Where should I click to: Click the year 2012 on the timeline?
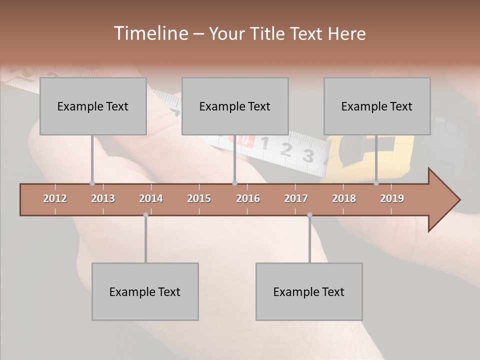pyautogui.click(x=55, y=198)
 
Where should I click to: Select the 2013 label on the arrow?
pyautogui.click(x=103, y=198)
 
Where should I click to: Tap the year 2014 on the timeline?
pyautogui.click(x=151, y=198)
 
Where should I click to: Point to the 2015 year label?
pyautogui.click(x=199, y=198)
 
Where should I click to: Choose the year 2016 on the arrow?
pyautogui.click(x=248, y=198)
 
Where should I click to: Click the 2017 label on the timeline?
pyautogui.click(x=296, y=198)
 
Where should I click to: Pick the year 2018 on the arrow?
pyautogui.click(x=344, y=198)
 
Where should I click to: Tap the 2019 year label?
pyautogui.click(x=392, y=198)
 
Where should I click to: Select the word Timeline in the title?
pyautogui.click(x=150, y=33)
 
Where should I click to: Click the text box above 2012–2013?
pyautogui.click(x=93, y=106)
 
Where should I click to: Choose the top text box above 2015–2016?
pyautogui.click(x=235, y=106)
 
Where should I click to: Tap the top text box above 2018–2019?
pyautogui.click(x=377, y=106)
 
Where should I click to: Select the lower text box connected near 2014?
pyautogui.click(x=145, y=291)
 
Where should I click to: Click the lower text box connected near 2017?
pyautogui.click(x=309, y=291)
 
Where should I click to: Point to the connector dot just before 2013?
pyautogui.click(x=92, y=183)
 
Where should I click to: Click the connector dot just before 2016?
pyautogui.click(x=234, y=183)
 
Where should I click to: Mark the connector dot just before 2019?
pyautogui.click(x=376, y=183)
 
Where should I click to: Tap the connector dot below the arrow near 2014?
pyautogui.click(x=145, y=215)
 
